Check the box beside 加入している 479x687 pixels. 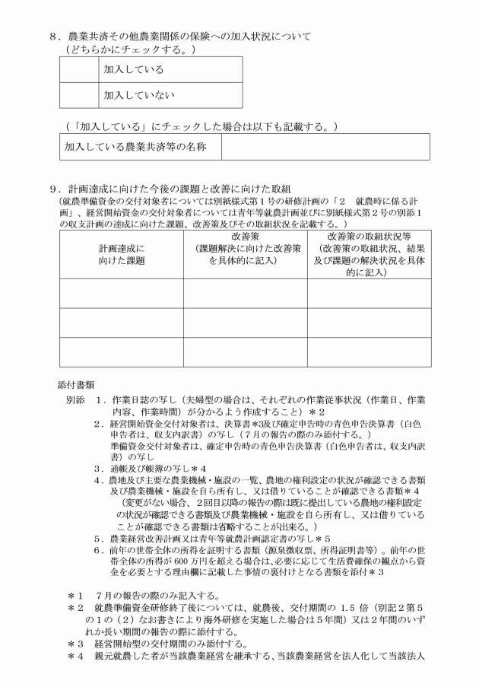80,69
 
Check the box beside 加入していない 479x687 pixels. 80,95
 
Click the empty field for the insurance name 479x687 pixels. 325,146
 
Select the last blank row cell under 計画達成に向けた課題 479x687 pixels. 121,351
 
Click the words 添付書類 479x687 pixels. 78,386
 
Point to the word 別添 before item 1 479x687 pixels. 75,399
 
